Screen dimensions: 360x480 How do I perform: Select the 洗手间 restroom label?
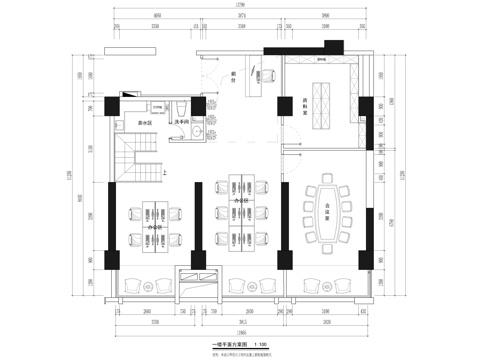click(x=184, y=123)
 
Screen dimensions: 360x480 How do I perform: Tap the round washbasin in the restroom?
click(x=198, y=131)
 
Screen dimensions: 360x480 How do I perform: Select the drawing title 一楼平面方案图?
click(x=229, y=344)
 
